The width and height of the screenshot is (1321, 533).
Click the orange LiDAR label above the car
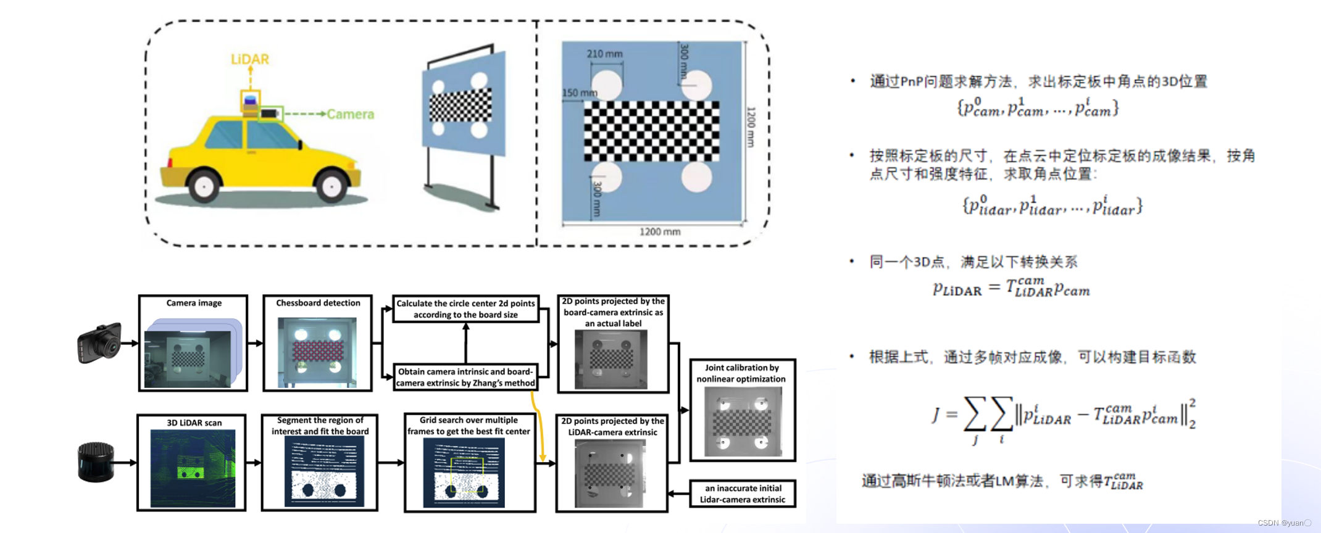coord(249,59)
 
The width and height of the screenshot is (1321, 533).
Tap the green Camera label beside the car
coord(350,114)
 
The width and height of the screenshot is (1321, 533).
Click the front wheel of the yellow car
coord(331,185)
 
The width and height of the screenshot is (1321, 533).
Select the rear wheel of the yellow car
coord(204,185)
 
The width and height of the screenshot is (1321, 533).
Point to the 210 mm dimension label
coord(604,54)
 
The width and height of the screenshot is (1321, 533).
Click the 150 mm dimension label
coord(579,93)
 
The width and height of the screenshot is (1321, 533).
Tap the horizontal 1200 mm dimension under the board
coord(659,232)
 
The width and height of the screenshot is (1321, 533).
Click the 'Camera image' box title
coord(194,303)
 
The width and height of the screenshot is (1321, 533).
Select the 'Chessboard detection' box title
coord(318,303)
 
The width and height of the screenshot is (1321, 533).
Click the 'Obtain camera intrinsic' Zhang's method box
coord(465,377)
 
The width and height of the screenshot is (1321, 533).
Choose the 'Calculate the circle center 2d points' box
coord(465,309)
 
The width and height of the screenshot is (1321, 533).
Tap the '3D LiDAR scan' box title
coord(194,423)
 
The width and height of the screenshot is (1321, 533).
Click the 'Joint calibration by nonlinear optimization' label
coord(741,373)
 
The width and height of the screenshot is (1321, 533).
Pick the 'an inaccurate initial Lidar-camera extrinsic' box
coord(742,494)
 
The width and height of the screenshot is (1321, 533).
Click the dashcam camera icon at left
coord(99,343)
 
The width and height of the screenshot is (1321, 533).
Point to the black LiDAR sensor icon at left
coord(96,461)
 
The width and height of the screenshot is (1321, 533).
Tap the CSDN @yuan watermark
coord(1284,523)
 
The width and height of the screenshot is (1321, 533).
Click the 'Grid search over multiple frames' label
coord(469,426)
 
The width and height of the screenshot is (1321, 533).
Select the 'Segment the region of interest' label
coord(320,426)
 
